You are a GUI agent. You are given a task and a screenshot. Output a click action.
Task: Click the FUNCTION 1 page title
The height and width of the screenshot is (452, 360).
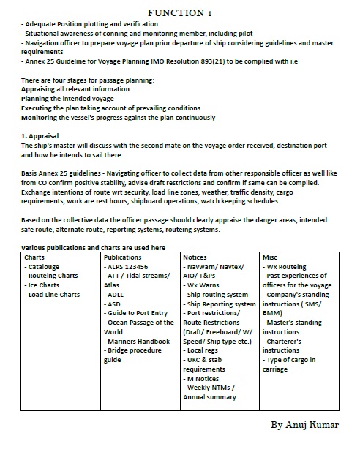tap(179, 13)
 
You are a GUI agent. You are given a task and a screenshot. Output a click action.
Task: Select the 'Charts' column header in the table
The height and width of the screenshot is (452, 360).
tap(34, 257)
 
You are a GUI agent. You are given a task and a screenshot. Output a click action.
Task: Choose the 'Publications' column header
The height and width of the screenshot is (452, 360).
tap(123, 257)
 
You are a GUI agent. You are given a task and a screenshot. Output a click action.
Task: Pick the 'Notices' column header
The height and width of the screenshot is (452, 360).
tap(197, 257)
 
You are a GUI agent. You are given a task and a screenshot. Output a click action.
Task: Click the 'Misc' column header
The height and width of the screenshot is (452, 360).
tap(271, 257)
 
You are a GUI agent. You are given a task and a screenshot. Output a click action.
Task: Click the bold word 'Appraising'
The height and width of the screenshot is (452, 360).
tap(42, 88)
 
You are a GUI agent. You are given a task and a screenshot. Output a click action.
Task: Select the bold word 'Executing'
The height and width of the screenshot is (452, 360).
tap(40, 108)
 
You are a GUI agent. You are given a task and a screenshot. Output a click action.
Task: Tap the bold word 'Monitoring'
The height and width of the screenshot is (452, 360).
tap(43, 117)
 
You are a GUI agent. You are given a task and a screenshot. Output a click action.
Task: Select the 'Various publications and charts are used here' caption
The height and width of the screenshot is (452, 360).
tap(94, 248)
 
